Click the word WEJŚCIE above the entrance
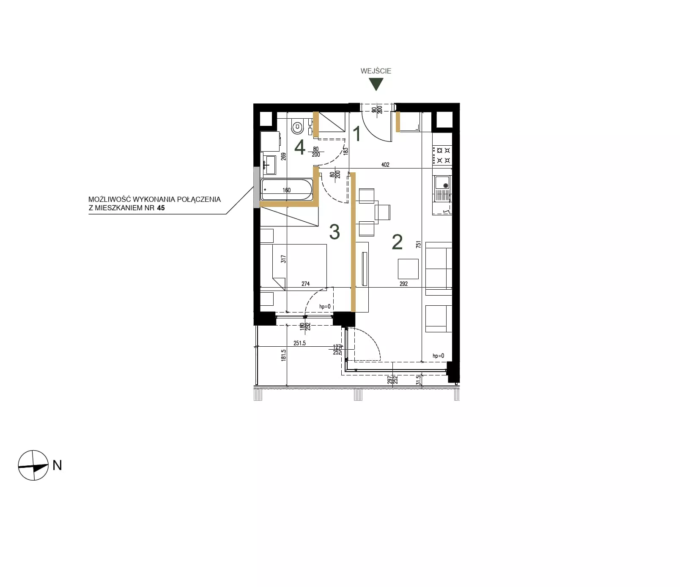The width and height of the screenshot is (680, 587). pos(376,71)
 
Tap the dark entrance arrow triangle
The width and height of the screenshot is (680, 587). pos(376,84)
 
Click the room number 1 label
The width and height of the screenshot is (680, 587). pos(357,134)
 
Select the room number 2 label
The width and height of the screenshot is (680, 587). pos(397,242)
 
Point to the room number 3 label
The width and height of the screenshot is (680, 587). pos(335,232)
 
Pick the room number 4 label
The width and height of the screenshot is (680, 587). pos(300,148)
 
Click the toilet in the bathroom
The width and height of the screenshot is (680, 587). pos(298,126)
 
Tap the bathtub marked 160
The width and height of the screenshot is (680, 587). pos(287,190)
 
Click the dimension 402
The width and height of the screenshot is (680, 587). pos(385,165)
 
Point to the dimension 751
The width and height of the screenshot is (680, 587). pos(419,244)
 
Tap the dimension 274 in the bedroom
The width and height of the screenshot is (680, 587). pos(306,284)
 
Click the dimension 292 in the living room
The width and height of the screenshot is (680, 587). pos(403,284)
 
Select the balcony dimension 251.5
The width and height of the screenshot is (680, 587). pos(299,343)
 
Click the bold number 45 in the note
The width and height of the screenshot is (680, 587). pos(161,208)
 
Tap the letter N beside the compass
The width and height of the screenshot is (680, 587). pos(57,465)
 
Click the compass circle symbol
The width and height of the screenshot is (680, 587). pos(33,465)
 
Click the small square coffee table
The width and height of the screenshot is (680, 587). pos(408,269)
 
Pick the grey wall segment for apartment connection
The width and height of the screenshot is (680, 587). pos(256,187)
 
